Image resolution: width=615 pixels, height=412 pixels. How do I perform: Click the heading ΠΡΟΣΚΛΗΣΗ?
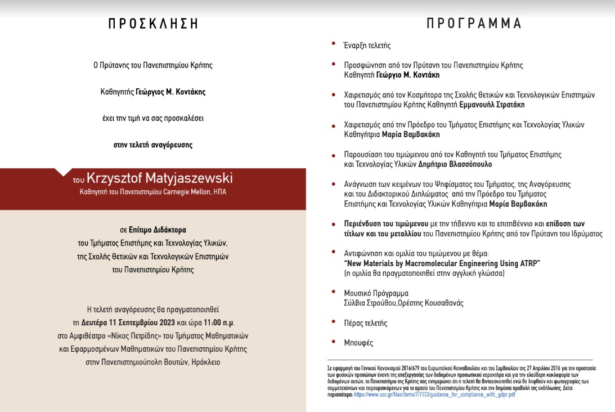coord(153,24)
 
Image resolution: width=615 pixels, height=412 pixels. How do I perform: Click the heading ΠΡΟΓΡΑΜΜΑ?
coord(474,24)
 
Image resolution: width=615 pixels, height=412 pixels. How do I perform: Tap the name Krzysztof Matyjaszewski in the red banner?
coord(160,178)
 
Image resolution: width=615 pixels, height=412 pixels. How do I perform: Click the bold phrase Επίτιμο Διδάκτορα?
coord(157,230)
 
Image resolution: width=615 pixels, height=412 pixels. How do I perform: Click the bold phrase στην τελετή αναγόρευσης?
coord(153,145)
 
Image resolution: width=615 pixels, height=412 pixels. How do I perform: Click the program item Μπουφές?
coord(358,343)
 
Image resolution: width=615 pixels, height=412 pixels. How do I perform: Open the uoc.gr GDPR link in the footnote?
coord(434,395)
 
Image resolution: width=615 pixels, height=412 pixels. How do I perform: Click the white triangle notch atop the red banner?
coord(64,172)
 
